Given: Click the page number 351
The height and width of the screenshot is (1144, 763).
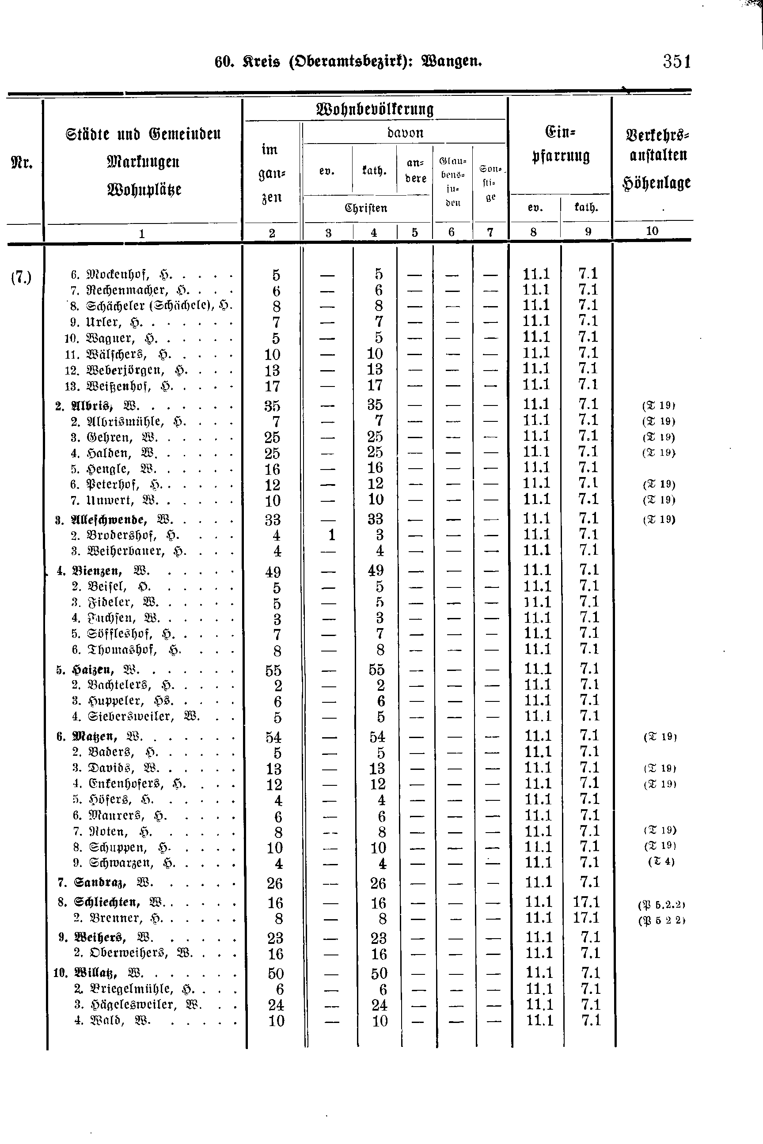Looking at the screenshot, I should (x=676, y=62).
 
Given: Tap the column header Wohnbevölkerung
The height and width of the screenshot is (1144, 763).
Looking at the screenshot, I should (x=375, y=109).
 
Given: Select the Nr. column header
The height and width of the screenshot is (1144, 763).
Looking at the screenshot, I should (x=21, y=163).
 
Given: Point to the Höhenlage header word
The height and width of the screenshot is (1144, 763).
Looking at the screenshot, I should (x=657, y=183).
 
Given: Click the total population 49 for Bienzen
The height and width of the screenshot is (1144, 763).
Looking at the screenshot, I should (x=273, y=572).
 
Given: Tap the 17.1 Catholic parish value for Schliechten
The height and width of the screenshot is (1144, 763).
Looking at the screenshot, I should (x=586, y=902).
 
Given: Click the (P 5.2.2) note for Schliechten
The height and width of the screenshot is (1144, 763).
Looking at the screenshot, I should (x=661, y=905).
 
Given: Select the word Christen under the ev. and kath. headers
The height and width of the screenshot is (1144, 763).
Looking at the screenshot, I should (x=366, y=208).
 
